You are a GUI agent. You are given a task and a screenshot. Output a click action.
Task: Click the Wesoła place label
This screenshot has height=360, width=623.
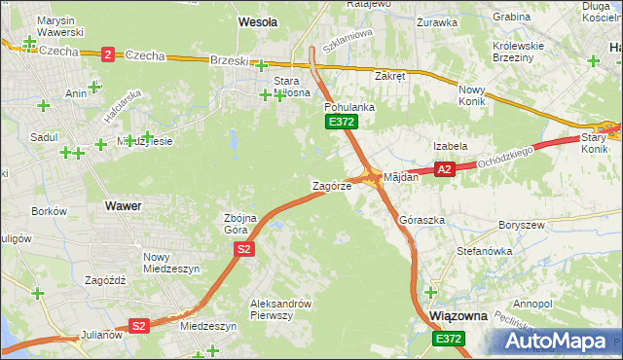pyautogui.click(x=258, y=20)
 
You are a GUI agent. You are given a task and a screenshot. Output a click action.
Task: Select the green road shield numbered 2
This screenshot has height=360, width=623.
pyautogui.click(x=107, y=54)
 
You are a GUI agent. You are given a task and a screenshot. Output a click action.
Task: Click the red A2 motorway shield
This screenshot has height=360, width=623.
pyautogui.click(x=445, y=169)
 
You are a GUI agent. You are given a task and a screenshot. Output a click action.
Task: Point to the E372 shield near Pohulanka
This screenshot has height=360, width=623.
pyautogui.click(x=342, y=122)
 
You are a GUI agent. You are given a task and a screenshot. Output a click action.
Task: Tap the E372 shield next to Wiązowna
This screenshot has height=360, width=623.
pyautogui.click(x=449, y=338)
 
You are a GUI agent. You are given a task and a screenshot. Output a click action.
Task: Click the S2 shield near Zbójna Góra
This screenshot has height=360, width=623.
pyautogui.click(x=244, y=250)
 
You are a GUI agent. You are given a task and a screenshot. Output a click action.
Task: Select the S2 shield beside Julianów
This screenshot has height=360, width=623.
pyautogui.click(x=139, y=326)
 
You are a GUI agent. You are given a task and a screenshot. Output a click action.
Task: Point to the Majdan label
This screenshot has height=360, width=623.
pyautogui.click(x=401, y=178)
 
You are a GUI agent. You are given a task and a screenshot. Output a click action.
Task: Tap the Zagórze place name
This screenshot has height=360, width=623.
pyautogui.click(x=331, y=185)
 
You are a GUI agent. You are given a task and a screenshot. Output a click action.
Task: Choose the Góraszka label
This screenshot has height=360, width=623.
pyautogui.click(x=422, y=221)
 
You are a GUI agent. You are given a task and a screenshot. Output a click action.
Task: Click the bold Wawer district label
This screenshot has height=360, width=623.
pyautogui.click(x=123, y=206)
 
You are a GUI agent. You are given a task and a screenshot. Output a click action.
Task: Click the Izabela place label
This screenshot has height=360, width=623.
pyautogui.click(x=451, y=146)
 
